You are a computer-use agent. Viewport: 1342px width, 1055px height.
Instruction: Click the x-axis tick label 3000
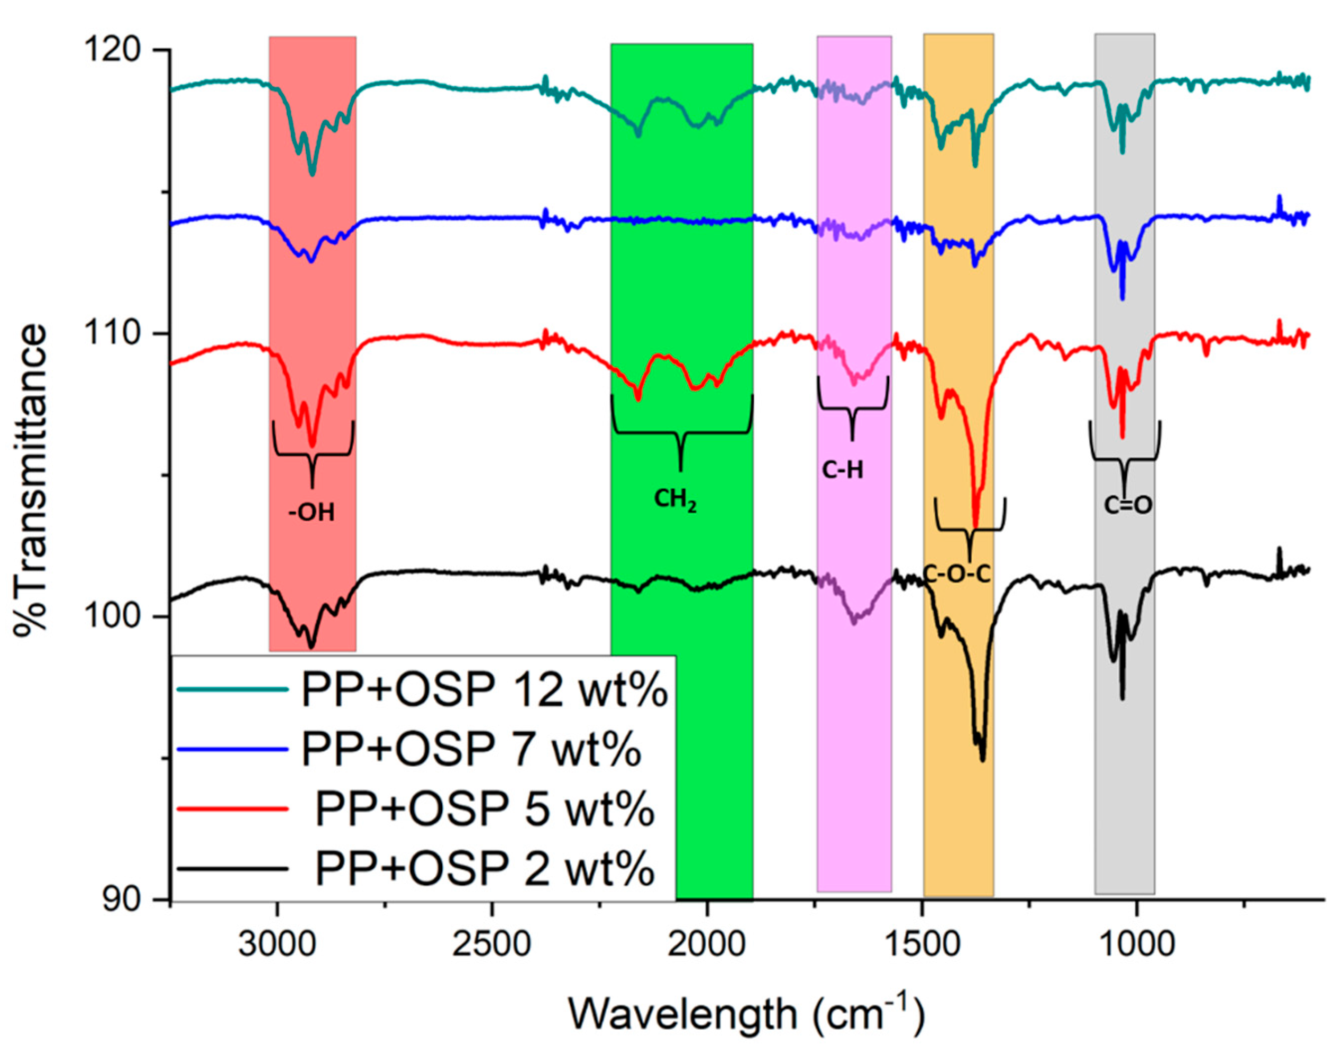pyautogui.click(x=277, y=944)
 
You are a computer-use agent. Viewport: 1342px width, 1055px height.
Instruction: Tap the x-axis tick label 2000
pyautogui.click(x=707, y=944)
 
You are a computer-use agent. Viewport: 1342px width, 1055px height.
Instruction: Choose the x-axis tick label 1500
pyautogui.click(x=922, y=944)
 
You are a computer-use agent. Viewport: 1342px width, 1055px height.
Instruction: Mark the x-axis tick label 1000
pyautogui.click(x=1136, y=944)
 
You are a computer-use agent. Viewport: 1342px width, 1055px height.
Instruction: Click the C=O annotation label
pyautogui.click(x=1128, y=506)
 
